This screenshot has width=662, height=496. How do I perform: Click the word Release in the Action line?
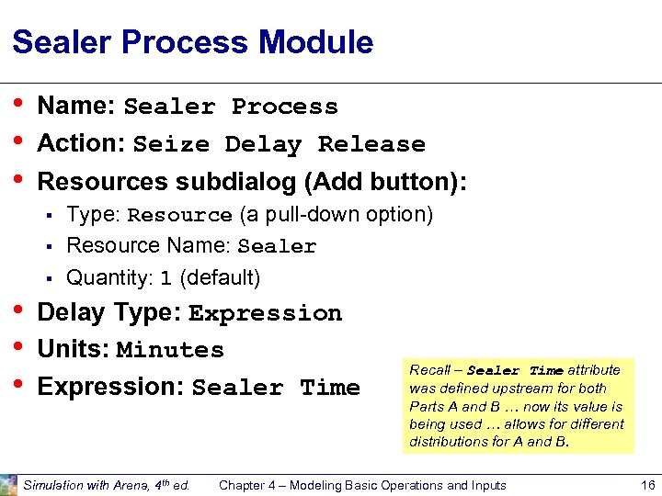click(x=371, y=145)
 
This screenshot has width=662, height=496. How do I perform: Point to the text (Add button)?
click(x=387, y=182)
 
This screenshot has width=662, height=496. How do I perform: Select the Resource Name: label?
click(x=149, y=246)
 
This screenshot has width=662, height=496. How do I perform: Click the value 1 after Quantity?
click(x=165, y=278)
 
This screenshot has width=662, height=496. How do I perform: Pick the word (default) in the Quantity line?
click(x=220, y=277)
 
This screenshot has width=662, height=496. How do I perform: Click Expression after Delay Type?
click(x=265, y=314)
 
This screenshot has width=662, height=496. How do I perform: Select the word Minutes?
click(x=170, y=351)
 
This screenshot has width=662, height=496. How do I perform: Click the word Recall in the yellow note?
click(x=429, y=370)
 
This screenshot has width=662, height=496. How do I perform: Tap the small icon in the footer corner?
click(x=8, y=485)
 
